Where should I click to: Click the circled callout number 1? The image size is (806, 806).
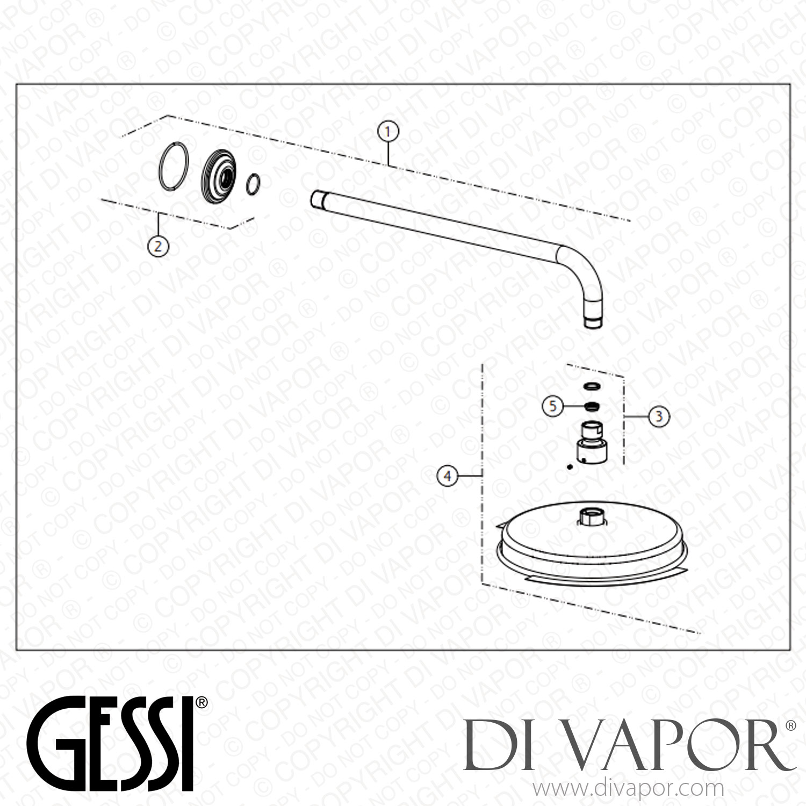[x=388, y=131]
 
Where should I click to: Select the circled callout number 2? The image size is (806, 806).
[x=158, y=246]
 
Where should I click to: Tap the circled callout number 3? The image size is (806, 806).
[x=659, y=416]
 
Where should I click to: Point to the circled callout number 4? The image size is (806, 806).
[x=448, y=475]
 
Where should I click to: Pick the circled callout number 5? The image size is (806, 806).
[x=553, y=406]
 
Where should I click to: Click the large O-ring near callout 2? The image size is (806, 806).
[x=174, y=167]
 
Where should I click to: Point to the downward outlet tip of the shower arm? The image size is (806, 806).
[x=595, y=323]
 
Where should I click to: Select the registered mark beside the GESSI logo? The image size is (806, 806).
[x=201, y=703]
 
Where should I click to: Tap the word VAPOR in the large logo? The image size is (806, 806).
[x=666, y=745]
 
